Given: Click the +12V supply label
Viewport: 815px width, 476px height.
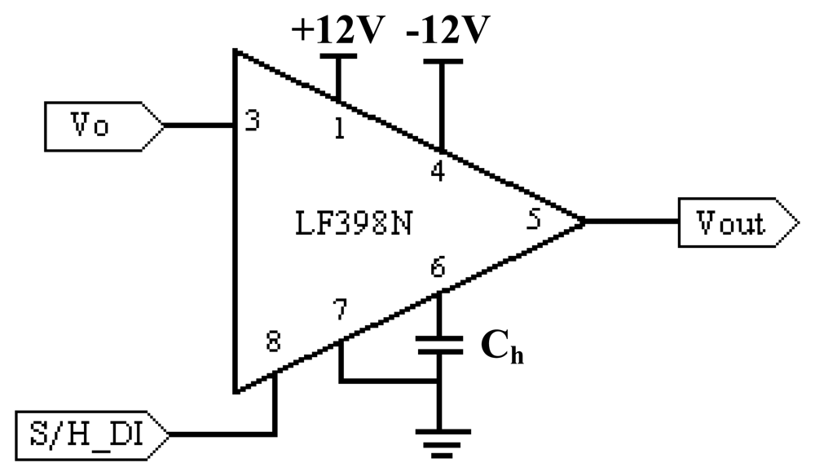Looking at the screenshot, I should [337, 30].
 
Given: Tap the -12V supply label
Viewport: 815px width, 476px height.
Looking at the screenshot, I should [447, 30].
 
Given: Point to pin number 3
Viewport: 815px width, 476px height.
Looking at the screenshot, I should [253, 121].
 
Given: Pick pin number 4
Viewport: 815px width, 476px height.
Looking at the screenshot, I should [438, 173].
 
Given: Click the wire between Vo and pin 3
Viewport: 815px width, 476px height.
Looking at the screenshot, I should [200, 126].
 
